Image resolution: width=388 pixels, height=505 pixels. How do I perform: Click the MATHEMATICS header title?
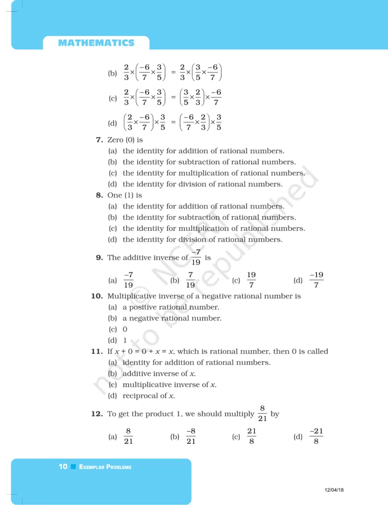point(96,43)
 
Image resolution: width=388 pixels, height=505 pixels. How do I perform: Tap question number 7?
point(99,140)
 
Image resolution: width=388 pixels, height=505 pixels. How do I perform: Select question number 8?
point(99,195)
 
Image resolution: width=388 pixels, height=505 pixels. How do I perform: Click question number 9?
point(99,257)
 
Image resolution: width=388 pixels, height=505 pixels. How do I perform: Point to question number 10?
point(96,296)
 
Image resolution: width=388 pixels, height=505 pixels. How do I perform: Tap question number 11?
point(96,352)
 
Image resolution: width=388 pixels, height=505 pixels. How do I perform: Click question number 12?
point(96,414)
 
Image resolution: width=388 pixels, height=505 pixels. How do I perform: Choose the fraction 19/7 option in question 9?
point(251,280)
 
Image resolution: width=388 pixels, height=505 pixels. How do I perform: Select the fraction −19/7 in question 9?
point(316,280)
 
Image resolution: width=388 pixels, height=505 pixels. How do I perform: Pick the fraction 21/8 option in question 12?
point(252,436)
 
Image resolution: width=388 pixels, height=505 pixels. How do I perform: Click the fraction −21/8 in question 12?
point(316,436)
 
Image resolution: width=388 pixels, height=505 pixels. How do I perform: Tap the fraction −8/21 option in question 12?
point(191,436)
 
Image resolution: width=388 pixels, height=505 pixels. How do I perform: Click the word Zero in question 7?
point(116,140)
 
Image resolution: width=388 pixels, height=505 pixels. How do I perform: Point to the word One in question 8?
point(114,195)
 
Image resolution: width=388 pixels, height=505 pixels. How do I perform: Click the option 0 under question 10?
point(125,329)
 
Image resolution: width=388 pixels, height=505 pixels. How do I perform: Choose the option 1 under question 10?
point(125,340)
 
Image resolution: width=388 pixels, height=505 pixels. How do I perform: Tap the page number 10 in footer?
point(63,467)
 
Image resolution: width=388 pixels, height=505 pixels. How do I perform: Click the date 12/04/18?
point(334,490)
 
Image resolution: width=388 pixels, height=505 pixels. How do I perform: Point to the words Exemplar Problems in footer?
point(105,467)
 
